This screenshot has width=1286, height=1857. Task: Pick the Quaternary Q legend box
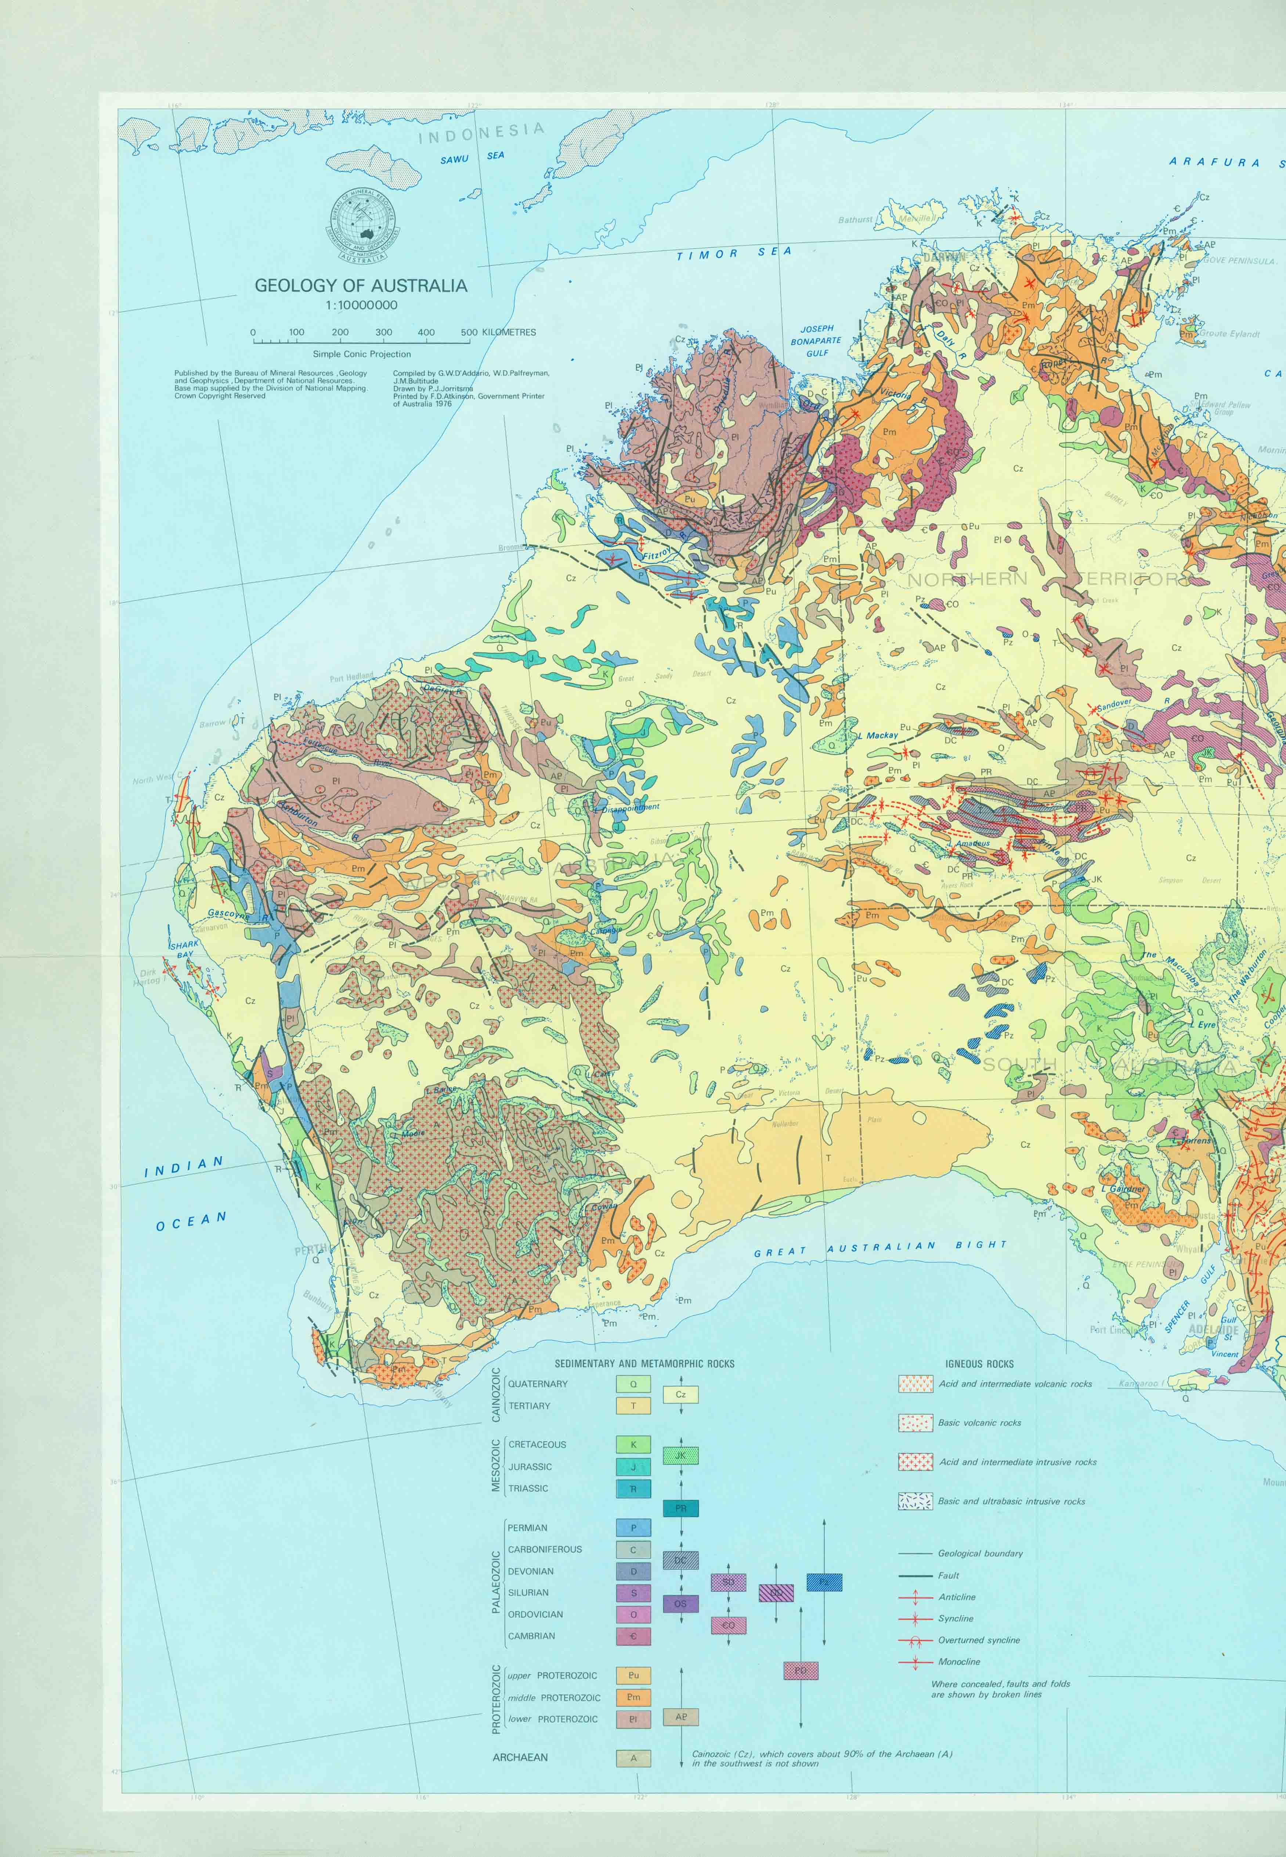(633, 1384)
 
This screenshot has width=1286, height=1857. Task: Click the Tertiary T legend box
(633, 1406)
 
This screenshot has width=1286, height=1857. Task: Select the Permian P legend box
(633, 1528)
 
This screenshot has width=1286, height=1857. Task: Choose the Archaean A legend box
(633, 1757)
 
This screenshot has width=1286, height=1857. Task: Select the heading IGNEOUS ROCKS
(979, 1364)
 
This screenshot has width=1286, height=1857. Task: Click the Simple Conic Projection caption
(362, 354)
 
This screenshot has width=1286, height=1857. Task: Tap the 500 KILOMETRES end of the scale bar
(470, 333)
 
